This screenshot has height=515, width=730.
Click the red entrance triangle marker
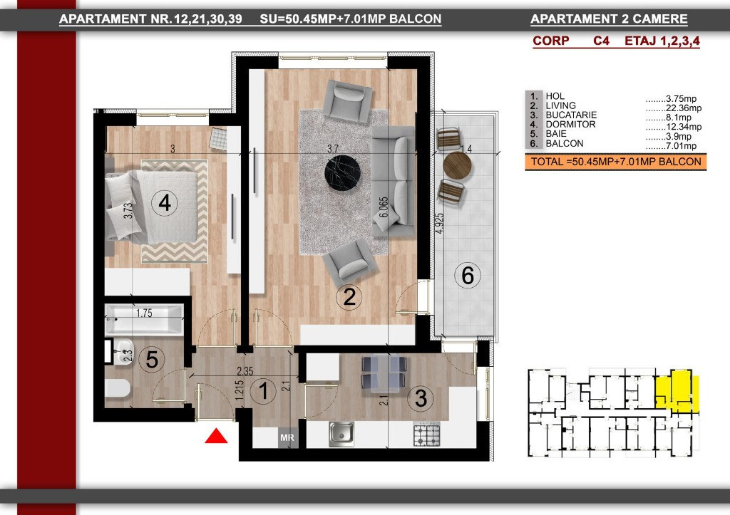click(216, 436)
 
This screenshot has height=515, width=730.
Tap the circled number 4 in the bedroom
click(165, 204)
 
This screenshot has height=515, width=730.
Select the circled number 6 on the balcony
click(468, 275)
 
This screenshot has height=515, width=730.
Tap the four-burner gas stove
click(428, 433)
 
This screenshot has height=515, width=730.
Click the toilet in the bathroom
click(118, 389)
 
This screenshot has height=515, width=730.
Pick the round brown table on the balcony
click(458, 165)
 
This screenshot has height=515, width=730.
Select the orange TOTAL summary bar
click(615, 162)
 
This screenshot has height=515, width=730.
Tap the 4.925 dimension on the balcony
click(441, 229)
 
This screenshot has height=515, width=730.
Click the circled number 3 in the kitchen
click(421, 400)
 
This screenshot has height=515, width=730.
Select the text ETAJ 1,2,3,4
click(662, 41)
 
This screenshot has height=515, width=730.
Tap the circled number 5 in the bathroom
click(152, 360)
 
